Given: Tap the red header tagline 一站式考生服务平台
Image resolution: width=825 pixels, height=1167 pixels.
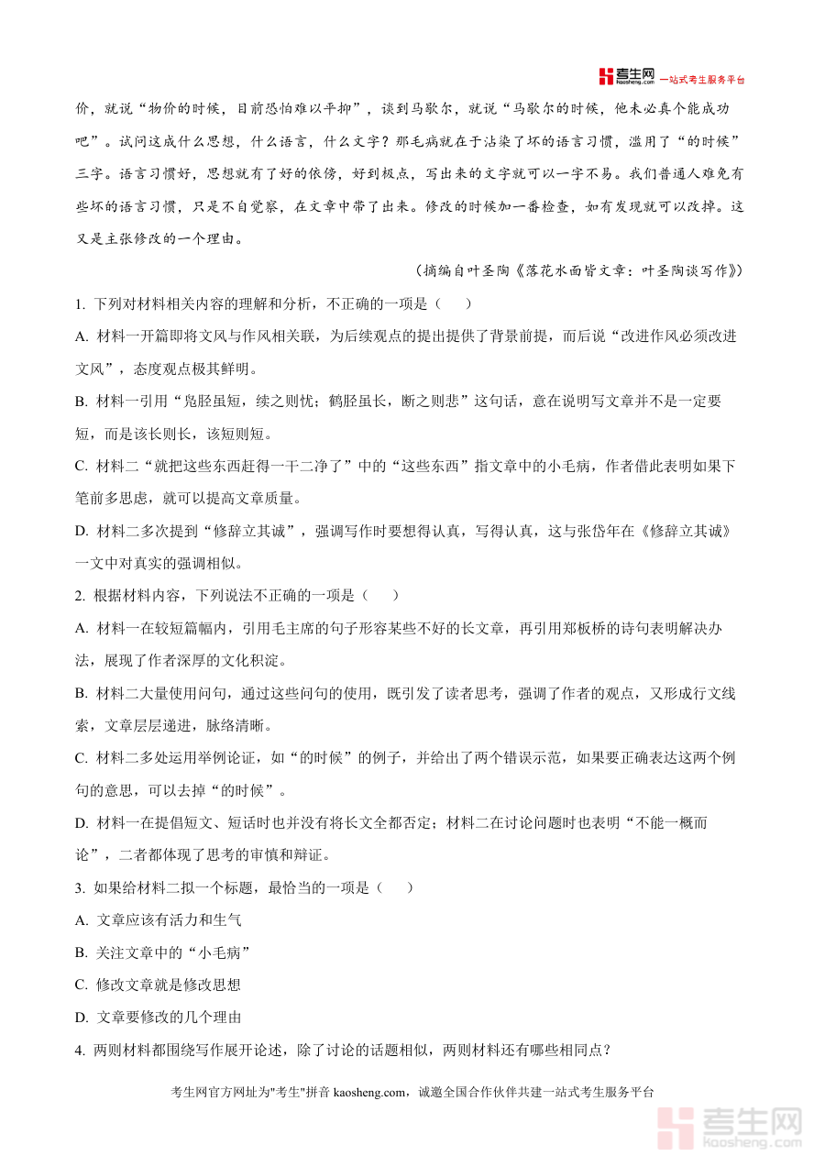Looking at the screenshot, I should (703, 80).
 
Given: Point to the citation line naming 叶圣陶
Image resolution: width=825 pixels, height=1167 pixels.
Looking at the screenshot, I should (578, 271).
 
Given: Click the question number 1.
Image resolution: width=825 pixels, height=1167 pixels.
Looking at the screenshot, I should (80, 304).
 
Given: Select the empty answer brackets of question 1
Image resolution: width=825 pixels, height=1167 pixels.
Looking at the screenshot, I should (455, 304).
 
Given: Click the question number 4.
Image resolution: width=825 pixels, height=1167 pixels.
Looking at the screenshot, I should (80, 1050).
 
